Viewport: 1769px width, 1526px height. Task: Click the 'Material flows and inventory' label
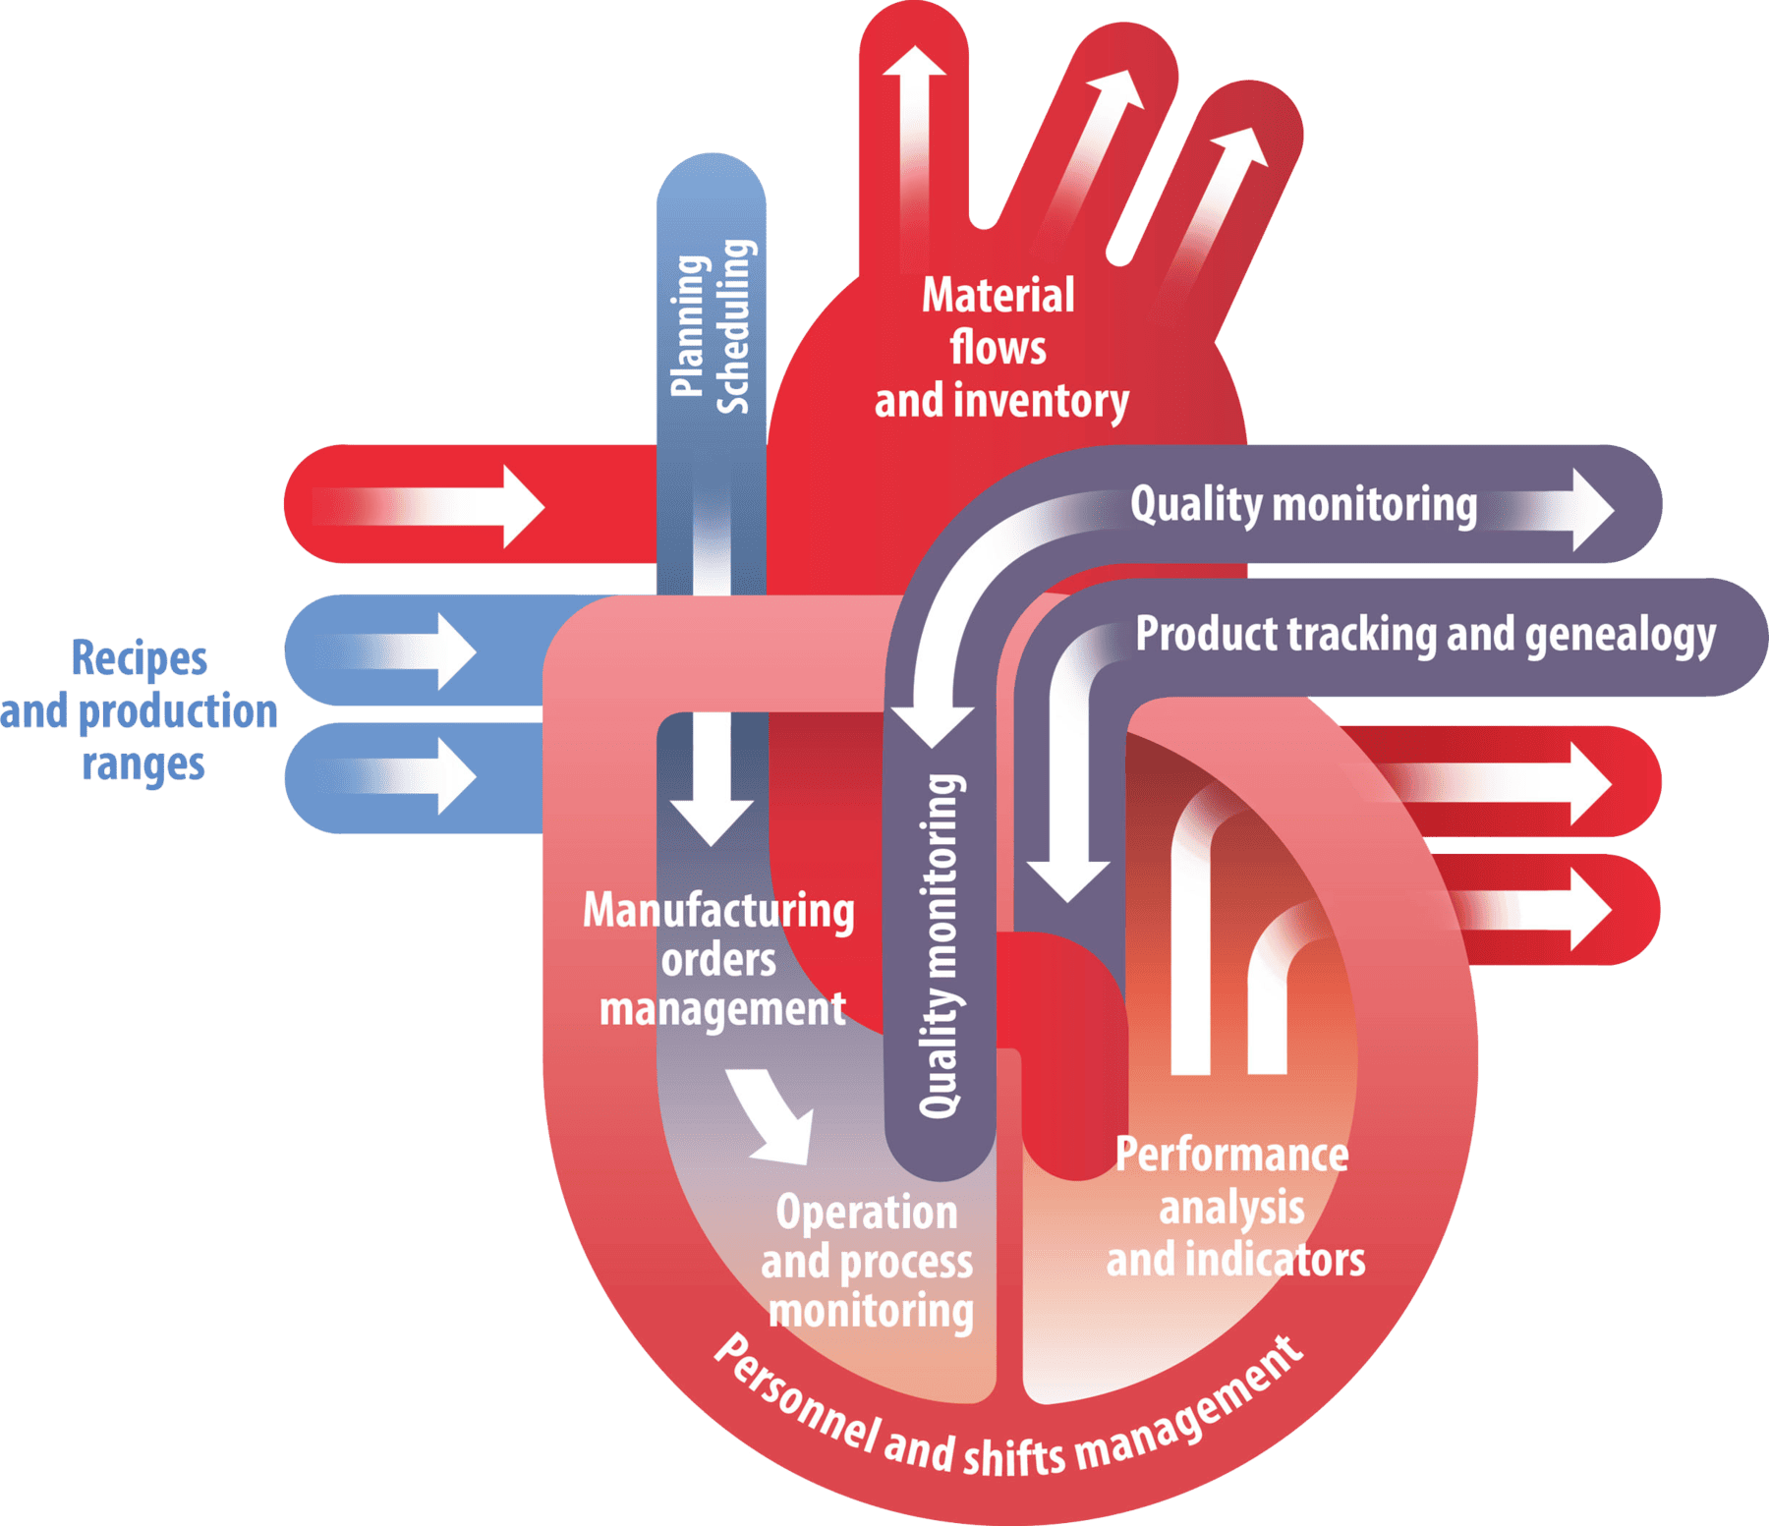1000,349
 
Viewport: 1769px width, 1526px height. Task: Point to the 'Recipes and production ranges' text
140,710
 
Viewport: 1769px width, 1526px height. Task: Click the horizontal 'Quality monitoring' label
1303,505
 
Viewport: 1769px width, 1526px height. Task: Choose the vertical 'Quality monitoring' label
941,945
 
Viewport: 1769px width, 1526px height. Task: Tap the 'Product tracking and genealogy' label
1425,635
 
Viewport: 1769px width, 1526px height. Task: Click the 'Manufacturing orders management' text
719,960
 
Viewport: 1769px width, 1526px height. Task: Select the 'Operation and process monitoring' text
868,1262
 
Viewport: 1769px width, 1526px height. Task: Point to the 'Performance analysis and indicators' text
1234,1208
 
